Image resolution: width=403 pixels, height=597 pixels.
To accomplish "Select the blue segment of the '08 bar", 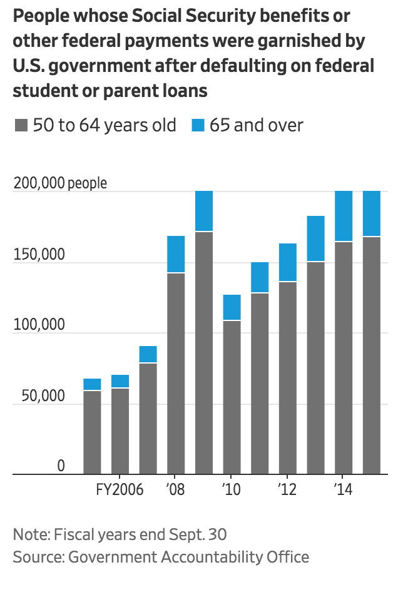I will pos(176,254).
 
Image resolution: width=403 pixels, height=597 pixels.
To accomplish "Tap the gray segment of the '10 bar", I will pos(232,397).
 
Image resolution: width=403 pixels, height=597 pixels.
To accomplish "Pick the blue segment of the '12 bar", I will pos(288,262).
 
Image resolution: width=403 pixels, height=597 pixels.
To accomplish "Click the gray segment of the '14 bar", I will pos(344,357).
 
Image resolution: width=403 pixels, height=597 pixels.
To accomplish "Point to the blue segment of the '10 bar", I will pos(232,307).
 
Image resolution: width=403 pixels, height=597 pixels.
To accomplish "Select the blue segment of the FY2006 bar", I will pos(120,381).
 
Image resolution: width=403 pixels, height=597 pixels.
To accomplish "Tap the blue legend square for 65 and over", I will pos(198,126).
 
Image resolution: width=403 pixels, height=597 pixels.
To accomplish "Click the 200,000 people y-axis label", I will pos(60,183).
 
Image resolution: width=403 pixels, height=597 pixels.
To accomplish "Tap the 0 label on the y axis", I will pos(61,466).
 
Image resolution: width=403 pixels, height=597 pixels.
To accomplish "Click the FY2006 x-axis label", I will pos(120,489).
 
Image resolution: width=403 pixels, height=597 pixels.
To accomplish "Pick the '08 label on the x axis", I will pos(176,489).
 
